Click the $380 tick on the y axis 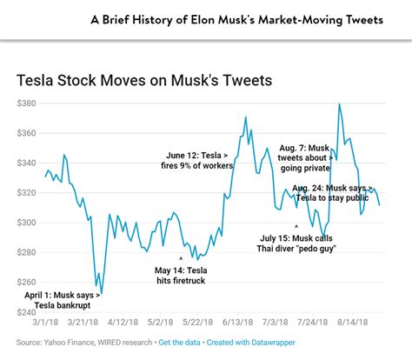point(30,103)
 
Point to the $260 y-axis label point(30,282)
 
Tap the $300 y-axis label point(30,223)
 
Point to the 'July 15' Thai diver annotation point(298,243)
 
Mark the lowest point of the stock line point(102,294)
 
